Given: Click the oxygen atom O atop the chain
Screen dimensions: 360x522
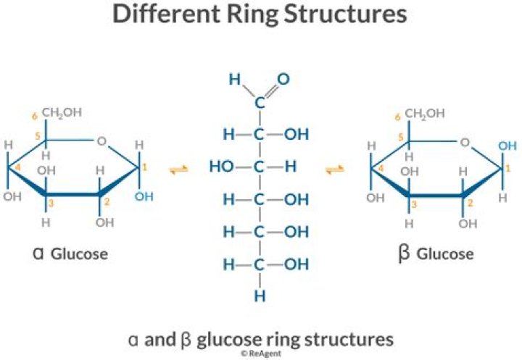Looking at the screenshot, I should click(x=283, y=78).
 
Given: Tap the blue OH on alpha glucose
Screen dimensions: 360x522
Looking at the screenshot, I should click(x=144, y=196).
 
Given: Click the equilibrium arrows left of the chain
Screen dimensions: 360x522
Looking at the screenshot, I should click(x=178, y=169).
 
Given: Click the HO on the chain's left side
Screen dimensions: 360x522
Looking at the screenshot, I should click(x=221, y=167).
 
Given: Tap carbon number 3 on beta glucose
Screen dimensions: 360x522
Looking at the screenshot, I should click(x=415, y=205).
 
